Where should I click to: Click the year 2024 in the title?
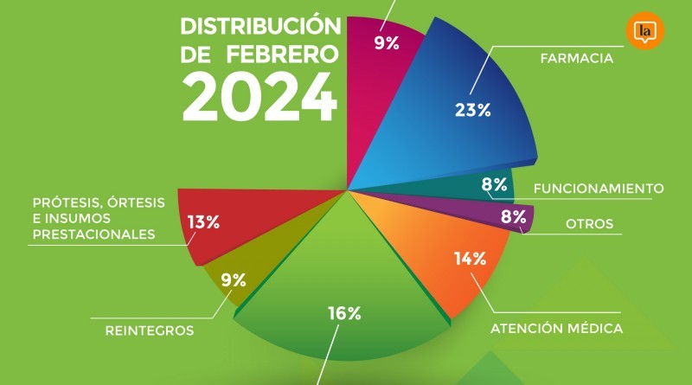(x=259, y=97)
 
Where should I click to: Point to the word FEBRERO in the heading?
(x=282, y=54)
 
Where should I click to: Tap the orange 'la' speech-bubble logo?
(x=643, y=32)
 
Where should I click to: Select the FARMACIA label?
(x=576, y=60)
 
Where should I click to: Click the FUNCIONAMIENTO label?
(x=598, y=189)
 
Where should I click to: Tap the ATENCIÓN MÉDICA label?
(x=556, y=328)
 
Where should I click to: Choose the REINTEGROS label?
(x=149, y=330)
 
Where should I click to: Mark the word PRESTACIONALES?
(x=92, y=234)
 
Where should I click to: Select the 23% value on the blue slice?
(x=472, y=110)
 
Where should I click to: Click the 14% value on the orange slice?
(x=470, y=258)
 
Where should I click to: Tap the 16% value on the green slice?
(x=343, y=313)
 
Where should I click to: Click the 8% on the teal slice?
(x=494, y=183)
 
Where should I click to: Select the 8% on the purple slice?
(x=513, y=217)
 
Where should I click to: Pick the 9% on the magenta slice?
(x=386, y=42)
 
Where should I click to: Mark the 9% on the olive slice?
(x=234, y=279)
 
